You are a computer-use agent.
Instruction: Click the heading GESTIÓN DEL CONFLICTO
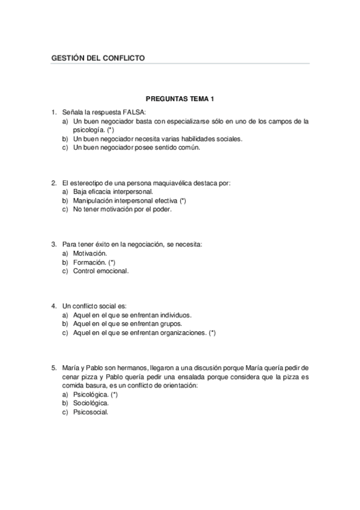point(99,58)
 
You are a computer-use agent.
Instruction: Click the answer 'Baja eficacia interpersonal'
point(108,191)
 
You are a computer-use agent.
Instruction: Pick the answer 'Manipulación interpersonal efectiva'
point(129,200)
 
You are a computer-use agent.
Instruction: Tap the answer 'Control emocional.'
point(100,271)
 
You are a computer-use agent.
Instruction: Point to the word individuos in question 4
point(175,315)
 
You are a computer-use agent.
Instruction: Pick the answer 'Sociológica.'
point(91,404)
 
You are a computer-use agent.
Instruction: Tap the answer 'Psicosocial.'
point(91,412)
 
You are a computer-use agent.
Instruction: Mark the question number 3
point(54,245)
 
